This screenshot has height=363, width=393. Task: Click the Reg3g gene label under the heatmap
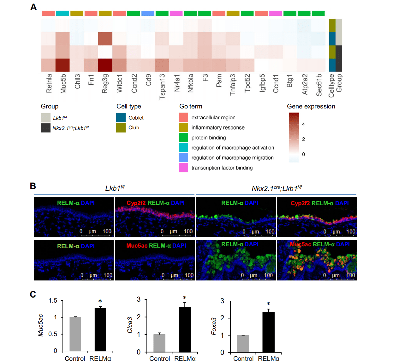[105, 83]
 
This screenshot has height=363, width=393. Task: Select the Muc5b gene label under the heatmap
[63, 83]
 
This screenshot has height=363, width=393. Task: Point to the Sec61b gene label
[319, 85]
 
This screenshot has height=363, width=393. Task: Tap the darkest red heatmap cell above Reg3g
[105, 65]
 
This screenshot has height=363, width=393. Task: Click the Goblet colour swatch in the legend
[121, 118]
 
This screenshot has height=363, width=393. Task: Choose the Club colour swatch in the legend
[121, 128]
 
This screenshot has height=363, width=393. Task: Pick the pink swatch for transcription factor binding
[183, 168]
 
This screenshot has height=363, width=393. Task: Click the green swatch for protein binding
[183, 138]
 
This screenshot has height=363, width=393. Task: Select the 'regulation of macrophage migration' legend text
[232, 158]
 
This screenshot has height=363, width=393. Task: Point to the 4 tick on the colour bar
[303, 124]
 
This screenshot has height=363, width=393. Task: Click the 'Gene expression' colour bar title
[311, 107]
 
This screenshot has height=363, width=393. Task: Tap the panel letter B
[33, 186]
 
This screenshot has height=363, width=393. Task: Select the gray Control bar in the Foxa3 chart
[243, 343]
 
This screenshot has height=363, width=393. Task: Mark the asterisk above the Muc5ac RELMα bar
[100, 302]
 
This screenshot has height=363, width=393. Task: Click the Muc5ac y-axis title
[40, 325]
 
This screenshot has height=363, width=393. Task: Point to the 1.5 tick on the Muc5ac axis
[53, 300]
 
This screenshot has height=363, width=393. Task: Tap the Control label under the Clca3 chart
[160, 359]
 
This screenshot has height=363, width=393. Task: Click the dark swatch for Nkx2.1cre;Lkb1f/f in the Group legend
[46, 128]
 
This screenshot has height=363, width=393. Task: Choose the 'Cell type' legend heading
[129, 107]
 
